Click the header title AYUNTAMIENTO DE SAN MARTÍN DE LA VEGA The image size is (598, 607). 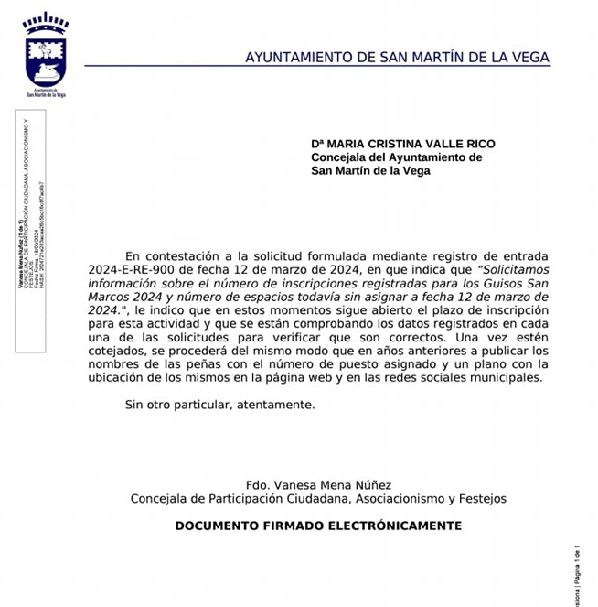click(397, 58)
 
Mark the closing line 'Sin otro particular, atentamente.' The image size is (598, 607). click(220, 404)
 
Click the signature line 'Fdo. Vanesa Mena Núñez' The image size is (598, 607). click(318, 484)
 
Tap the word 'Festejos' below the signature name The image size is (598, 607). click(481, 498)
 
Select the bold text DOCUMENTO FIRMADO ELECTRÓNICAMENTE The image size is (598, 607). click(318, 526)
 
